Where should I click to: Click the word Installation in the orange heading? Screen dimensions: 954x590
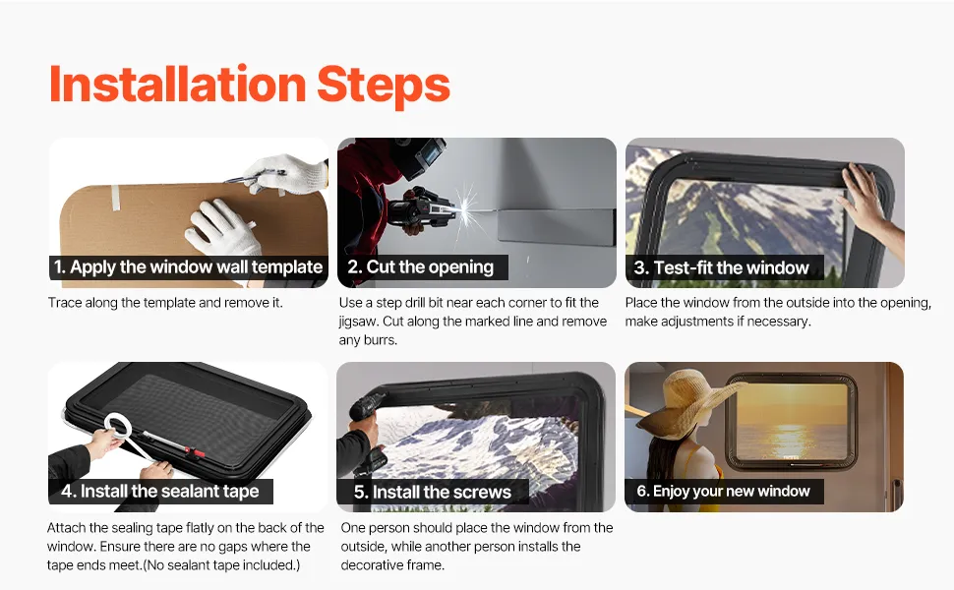coord(177,84)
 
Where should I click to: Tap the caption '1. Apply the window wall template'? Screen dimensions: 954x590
coord(188,267)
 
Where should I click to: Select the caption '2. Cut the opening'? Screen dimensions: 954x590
coord(420,267)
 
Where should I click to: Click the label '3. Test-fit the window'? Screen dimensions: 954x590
coord(722,267)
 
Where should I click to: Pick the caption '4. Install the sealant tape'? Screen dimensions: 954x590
coord(160,491)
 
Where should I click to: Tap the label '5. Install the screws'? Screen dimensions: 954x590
coord(433,492)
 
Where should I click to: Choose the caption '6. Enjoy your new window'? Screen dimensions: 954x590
coord(724,491)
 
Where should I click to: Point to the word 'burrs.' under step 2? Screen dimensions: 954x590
coord(380,340)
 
